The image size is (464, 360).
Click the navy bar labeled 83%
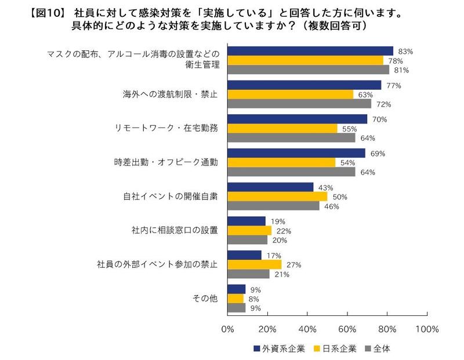click(x=310, y=51)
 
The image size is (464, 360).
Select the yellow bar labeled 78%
click(x=306, y=60)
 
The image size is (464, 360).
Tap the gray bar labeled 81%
click(x=309, y=70)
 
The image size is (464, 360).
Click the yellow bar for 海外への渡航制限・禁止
click(x=291, y=94)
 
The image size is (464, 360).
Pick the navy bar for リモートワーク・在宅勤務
click(x=298, y=119)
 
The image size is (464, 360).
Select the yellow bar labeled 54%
click(x=282, y=163)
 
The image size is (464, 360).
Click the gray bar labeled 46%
click(x=274, y=206)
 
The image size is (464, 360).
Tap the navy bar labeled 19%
click(x=246, y=221)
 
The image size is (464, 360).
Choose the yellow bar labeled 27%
click(x=255, y=264)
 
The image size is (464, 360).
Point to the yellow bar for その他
click(x=236, y=299)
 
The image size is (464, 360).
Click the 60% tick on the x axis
click(x=347, y=329)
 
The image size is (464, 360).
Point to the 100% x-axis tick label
click(x=427, y=329)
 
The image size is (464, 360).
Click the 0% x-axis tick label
click(x=228, y=329)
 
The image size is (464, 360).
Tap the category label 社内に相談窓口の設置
click(x=175, y=231)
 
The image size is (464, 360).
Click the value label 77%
click(x=395, y=86)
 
